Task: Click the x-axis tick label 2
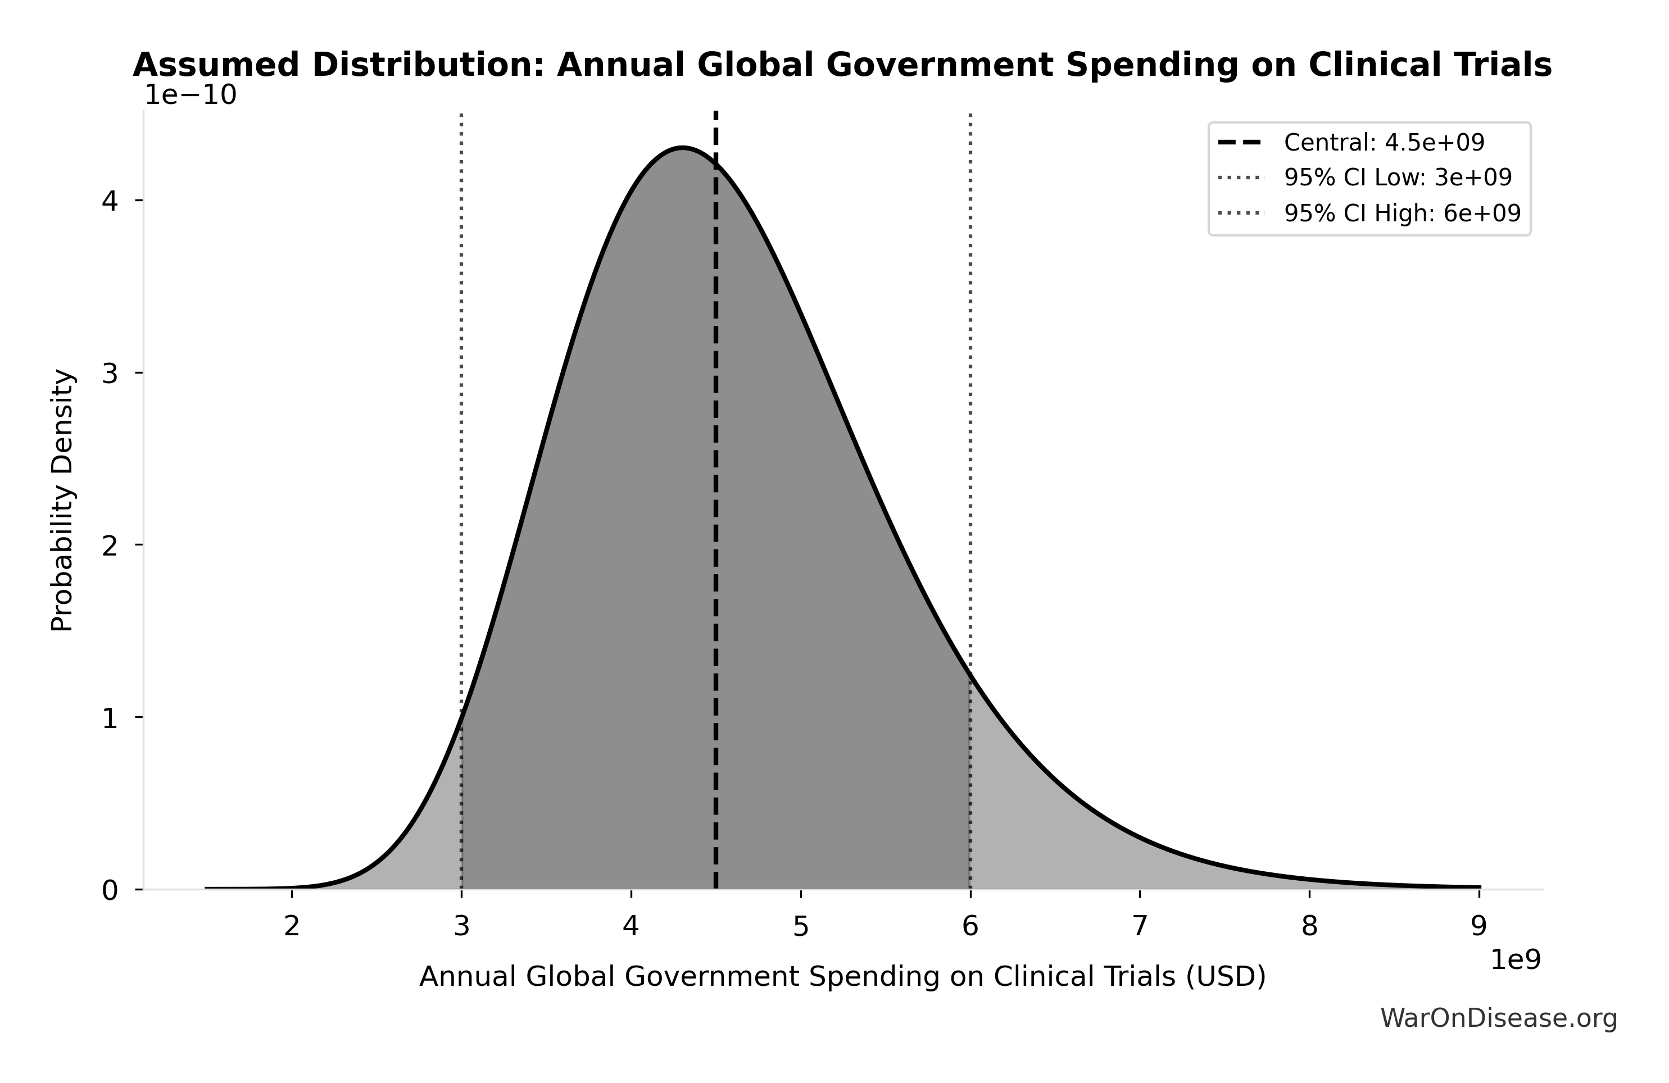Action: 292,927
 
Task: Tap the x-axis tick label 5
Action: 800,927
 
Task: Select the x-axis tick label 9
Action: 1479,927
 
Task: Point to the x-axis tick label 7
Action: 1140,927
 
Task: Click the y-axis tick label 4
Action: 110,201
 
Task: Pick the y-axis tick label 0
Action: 110,891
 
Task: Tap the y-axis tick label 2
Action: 110,545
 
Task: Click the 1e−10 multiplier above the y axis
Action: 190,95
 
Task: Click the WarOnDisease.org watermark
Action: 1499,1018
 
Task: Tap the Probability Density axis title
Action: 62,500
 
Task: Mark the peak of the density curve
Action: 682,148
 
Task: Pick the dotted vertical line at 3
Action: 461,421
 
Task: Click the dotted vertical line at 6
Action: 970,421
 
